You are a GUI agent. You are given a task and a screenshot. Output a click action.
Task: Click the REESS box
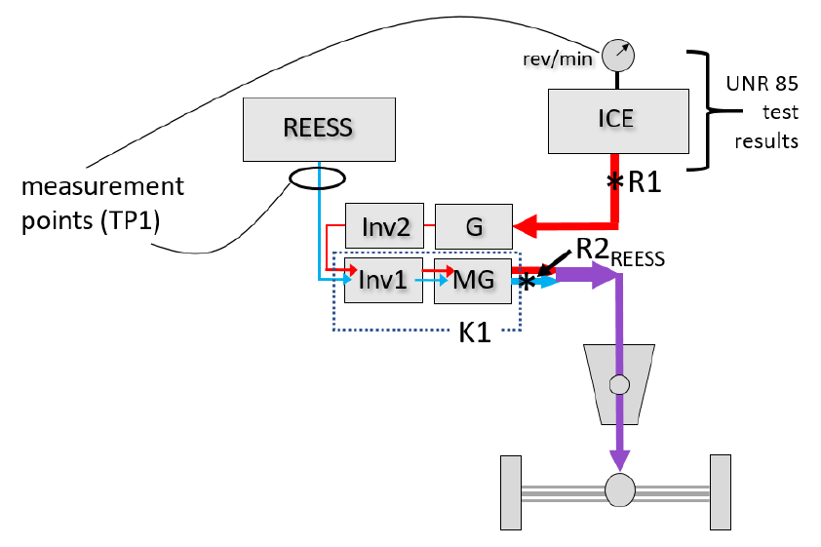(x=319, y=130)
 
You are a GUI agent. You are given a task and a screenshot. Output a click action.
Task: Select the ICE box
(x=618, y=122)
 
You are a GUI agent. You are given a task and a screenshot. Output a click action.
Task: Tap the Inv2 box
(x=384, y=225)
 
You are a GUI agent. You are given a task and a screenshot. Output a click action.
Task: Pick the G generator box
(x=474, y=226)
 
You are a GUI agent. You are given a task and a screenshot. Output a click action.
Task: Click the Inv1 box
(x=383, y=280)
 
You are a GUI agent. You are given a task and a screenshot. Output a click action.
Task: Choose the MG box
(x=473, y=281)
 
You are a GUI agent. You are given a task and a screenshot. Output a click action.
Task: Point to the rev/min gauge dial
(x=618, y=55)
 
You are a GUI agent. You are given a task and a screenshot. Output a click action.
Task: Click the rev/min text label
(x=558, y=59)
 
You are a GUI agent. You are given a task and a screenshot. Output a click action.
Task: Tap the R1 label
(x=645, y=181)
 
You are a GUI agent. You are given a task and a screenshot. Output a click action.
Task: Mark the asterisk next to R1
(x=615, y=181)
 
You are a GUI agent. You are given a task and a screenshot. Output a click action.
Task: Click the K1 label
(x=475, y=332)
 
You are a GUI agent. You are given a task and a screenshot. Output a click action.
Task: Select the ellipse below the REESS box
(x=317, y=178)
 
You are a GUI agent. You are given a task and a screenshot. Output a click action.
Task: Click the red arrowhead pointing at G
(x=526, y=226)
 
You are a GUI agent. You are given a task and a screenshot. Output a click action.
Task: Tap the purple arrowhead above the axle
(x=619, y=459)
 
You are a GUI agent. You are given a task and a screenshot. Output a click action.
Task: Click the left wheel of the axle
(x=511, y=492)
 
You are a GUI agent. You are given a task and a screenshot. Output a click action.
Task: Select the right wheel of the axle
(x=721, y=492)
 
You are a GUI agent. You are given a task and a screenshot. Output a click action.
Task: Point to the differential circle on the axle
(x=620, y=489)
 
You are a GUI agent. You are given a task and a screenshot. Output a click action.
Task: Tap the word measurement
(x=102, y=186)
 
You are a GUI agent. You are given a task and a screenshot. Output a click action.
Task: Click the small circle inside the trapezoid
(x=619, y=385)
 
